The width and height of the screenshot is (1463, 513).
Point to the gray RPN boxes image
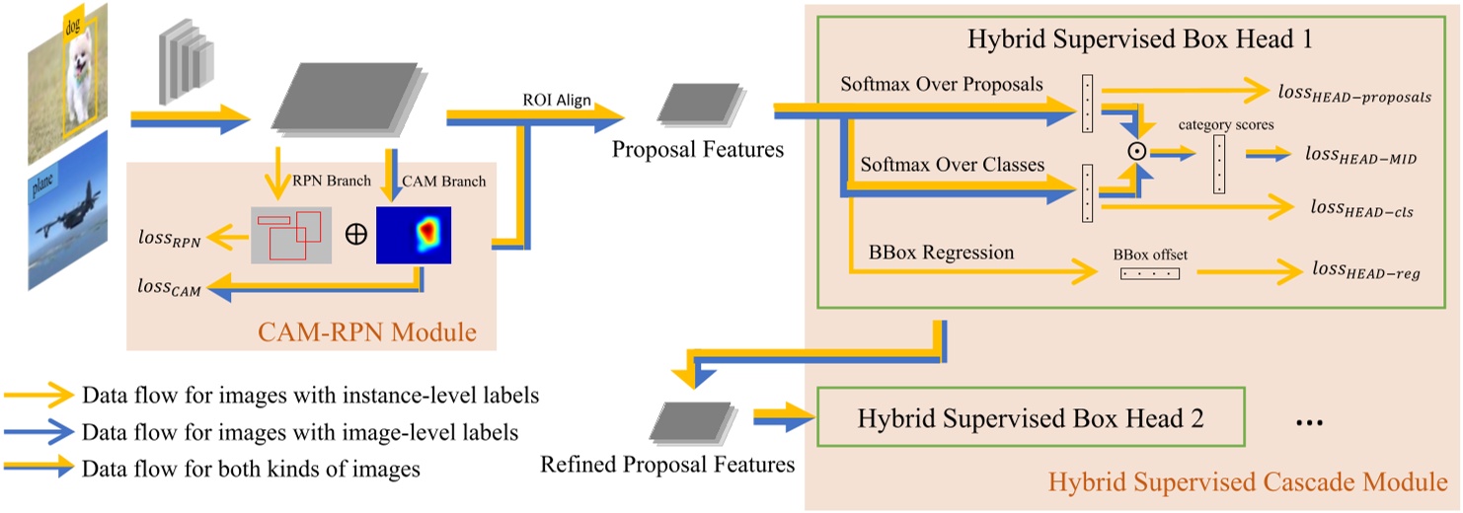(291, 235)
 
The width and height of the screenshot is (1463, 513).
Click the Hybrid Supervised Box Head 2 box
(1031, 417)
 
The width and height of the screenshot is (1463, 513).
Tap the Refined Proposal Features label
(667, 463)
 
